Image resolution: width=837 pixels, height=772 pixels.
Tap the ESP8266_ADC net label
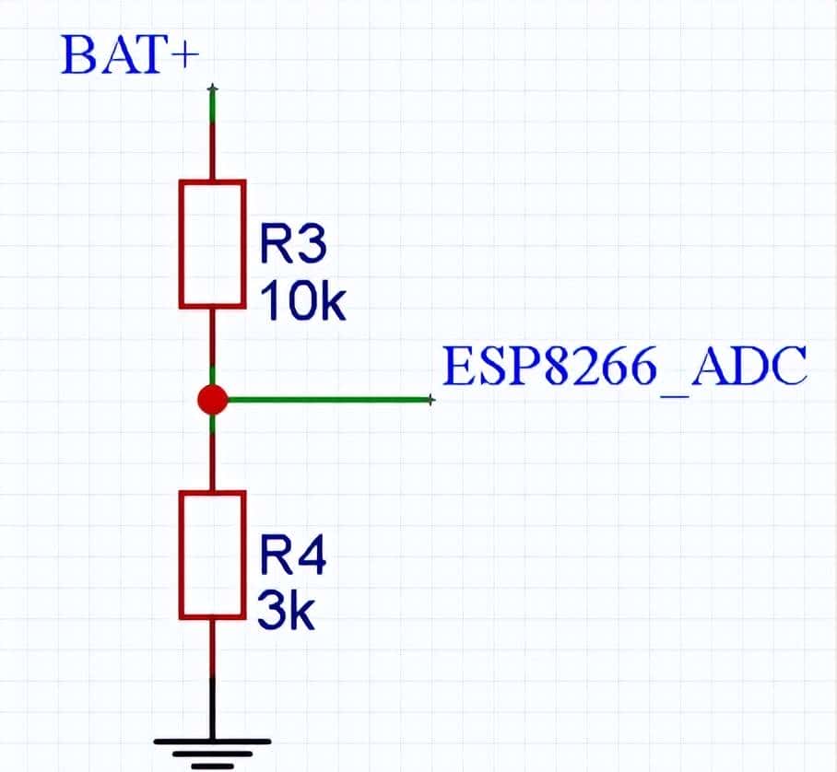pos(625,368)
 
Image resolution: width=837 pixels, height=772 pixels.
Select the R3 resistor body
pos(213,243)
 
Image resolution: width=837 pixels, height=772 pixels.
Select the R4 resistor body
pos(213,555)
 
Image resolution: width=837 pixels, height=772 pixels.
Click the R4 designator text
pos(291,557)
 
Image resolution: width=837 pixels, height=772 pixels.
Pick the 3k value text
pos(287,612)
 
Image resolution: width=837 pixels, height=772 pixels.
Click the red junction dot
pos(213,400)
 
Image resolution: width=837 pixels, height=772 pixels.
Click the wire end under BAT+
pos(213,89)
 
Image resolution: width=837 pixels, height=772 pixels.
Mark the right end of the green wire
pos(430,400)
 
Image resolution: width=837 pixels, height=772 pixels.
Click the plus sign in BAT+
pos(183,57)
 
